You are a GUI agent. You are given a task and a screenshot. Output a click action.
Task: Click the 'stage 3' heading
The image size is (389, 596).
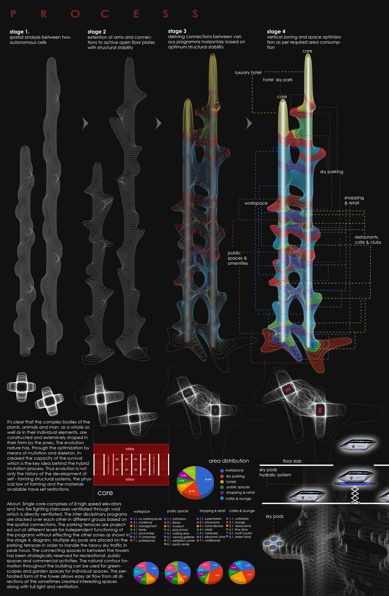177,31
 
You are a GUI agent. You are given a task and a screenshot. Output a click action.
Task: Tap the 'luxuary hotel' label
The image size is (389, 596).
248,73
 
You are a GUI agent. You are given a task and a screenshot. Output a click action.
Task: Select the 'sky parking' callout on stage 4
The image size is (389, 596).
331,172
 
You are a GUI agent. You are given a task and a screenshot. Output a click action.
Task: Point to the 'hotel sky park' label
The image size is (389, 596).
277,80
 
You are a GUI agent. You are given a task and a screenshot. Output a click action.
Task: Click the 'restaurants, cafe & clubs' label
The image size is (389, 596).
368,240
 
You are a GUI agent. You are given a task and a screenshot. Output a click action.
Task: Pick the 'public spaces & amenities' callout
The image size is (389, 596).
238,258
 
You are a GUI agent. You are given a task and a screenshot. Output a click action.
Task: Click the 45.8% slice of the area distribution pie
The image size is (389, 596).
205,479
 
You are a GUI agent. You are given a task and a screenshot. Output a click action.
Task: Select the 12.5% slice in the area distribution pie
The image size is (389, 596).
190,471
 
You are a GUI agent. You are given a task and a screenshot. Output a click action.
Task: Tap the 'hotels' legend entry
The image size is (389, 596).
231,489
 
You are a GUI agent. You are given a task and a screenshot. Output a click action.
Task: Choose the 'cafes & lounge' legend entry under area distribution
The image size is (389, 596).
238,506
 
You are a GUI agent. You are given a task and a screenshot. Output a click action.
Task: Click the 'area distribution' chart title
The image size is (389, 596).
229,461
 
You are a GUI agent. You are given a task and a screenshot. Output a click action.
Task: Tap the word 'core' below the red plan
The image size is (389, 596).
105,493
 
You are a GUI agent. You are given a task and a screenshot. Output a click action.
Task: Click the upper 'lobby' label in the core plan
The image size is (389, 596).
130,449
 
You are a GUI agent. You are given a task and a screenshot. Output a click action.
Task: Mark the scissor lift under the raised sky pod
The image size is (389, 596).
354,494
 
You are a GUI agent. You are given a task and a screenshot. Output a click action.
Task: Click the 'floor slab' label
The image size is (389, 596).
292,461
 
